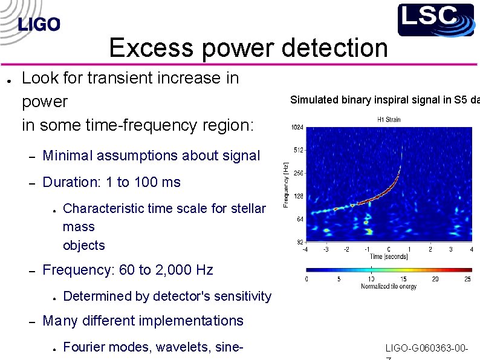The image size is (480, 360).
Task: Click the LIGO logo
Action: tap(39, 24)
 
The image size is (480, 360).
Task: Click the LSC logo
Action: tap(435, 19)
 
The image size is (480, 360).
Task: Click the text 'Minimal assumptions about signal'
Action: tap(151, 155)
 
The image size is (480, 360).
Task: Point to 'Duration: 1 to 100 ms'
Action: tap(112, 182)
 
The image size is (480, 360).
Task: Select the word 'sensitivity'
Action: tap(241, 296)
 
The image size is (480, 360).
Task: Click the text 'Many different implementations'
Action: tap(143, 321)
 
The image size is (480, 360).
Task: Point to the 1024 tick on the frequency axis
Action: tap(297, 128)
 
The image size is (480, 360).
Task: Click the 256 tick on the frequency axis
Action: tap(298, 173)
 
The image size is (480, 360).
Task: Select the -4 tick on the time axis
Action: tap(305, 249)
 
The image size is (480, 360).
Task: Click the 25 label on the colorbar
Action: tap(467, 279)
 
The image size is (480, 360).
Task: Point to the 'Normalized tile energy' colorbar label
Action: tap(388, 286)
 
